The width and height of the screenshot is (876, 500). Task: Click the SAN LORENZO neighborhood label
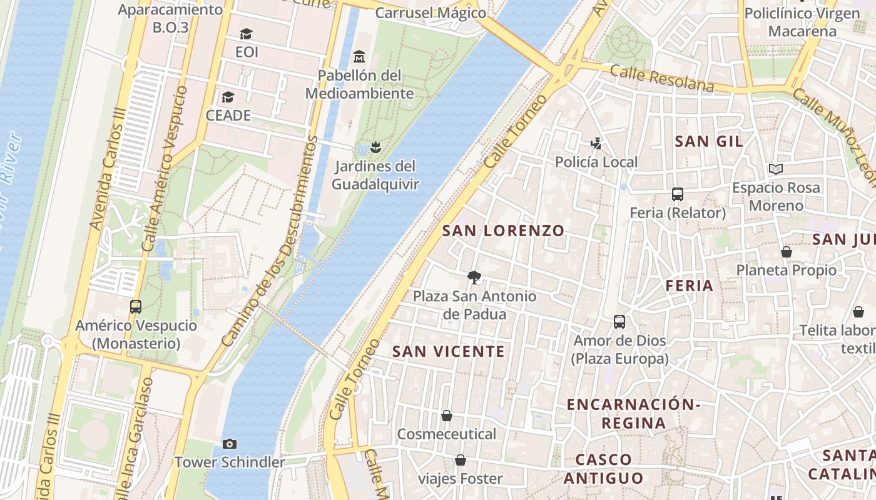[x=503, y=231]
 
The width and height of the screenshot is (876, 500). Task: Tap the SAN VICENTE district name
[x=448, y=351]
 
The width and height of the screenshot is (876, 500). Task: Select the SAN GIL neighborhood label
[x=709, y=141]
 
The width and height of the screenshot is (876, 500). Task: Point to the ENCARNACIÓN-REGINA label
[x=633, y=413]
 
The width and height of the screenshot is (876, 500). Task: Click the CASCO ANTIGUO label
[x=603, y=469]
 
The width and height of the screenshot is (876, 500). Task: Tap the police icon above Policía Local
[x=596, y=144]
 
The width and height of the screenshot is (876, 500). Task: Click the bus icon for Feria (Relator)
[x=678, y=194]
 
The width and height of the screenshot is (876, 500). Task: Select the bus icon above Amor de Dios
[x=619, y=322]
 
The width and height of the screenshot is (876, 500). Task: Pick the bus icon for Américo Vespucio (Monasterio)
[x=136, y=307]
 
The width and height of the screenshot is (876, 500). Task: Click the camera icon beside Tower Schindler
[x=230, y=444]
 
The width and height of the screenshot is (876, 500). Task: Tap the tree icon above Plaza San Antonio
[x=474, y=277]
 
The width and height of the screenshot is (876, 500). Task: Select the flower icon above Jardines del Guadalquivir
[x=375, y=147]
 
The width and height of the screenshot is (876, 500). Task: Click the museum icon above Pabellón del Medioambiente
[x=359, y=57]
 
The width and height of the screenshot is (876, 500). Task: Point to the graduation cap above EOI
[x=247, y=34]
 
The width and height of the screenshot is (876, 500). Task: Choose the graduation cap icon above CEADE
[x=228, y=97]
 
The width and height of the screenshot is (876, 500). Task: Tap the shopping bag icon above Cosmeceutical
[x=447, y=416]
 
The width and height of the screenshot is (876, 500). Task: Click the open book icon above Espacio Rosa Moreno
[x=776, y=169]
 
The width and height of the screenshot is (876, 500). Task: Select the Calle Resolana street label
[x=662, y=77]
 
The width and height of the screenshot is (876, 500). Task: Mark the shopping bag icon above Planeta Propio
[x=787, y=252]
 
